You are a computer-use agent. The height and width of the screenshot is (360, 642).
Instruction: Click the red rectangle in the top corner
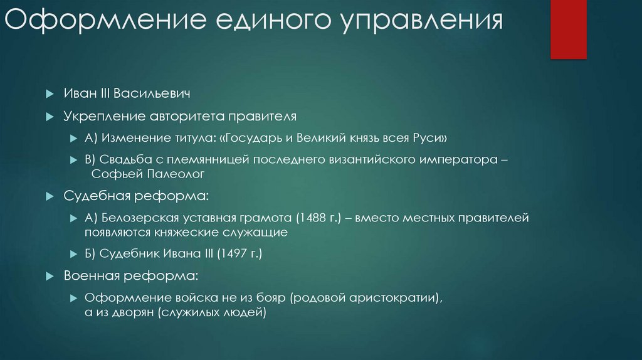[x=568, y=29]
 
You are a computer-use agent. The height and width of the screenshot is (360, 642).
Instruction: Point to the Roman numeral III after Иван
[x=98, y=93]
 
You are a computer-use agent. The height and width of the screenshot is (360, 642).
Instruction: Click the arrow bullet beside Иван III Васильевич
[x=50, y=93]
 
